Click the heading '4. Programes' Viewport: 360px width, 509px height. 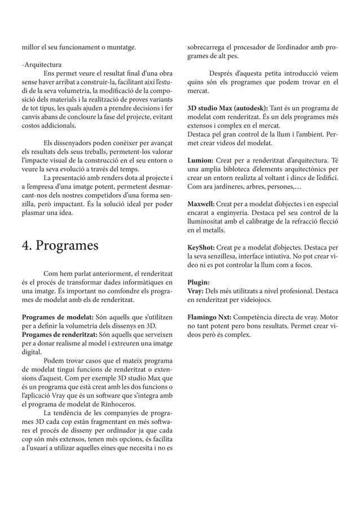(x=59, y=246)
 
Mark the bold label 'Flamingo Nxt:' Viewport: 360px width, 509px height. (x=209, y=317)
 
